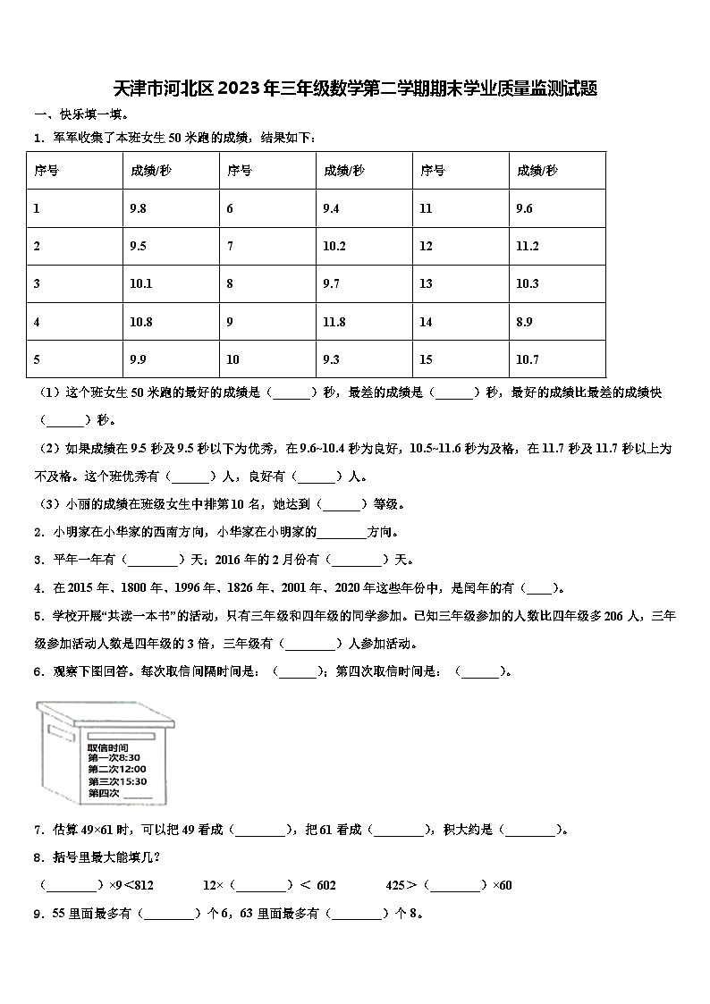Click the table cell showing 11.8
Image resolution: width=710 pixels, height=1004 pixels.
(x=333, y=322)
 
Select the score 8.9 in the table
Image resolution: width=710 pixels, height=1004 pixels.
(x=525, y=322)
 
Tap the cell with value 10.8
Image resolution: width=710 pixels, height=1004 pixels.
(x=140, y=322)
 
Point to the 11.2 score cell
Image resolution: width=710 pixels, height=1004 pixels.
(x=527, y=246)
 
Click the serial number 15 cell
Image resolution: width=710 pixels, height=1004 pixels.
(x=426, y=359)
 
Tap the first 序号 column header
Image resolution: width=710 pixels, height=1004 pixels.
(x=46, y=170)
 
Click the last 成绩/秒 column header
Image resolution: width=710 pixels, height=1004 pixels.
(x=537, y=170)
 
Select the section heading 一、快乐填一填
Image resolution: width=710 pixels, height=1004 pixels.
(x=80, y=114)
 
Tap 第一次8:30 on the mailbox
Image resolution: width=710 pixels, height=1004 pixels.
(x=114, y=757)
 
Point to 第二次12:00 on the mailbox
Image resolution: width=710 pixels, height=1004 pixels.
(x=116, y=769)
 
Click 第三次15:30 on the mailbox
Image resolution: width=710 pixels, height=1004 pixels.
(x=116, y=780)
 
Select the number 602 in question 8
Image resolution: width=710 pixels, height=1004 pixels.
(x=325, y=885)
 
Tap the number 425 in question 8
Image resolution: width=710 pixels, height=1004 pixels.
(x=396, y=885)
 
